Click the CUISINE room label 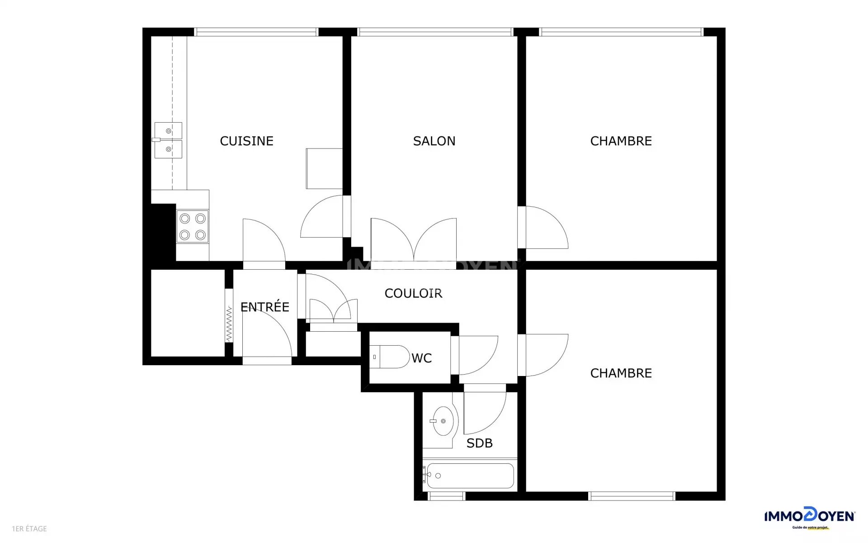coord(246,141)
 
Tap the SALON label coord(434,141)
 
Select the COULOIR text coord(413,293)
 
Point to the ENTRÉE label coord(264,307)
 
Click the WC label coord(421,358)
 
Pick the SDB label coord(479,443)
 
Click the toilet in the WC coord(389,357)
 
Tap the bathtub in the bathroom coord(470,476)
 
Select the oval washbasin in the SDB coord(443,421)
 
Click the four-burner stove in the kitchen coord(192,226)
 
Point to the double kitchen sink coord(168,140)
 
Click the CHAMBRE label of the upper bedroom coord(621,141)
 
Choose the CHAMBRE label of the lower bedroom coord(621,373)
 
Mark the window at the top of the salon coord(434,32)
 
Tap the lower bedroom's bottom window coord(632,496)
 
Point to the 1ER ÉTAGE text coord(29,529)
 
